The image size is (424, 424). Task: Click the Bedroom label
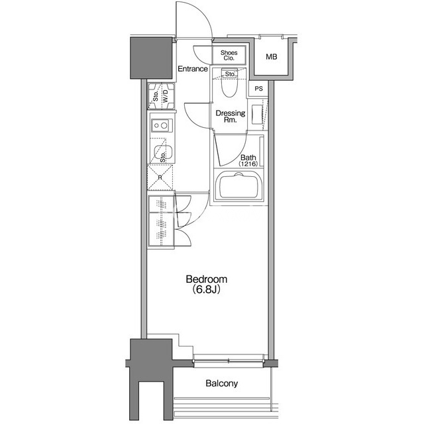(x=207, y=280)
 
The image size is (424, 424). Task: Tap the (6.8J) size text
(x=206, y=290)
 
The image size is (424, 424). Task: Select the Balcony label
(x=222, y=384)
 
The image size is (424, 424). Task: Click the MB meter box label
(x=272, y=57)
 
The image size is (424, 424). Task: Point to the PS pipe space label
(x=259, y=89)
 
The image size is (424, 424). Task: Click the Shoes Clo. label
(x=229, y=55)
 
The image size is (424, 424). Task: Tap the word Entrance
(x=193, y=69)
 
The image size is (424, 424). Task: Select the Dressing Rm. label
(x=231, y=117)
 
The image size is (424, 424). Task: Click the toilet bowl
(x=229, y=83)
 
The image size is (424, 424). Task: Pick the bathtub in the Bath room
(x=238, y=186)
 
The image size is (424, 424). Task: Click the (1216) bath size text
(x=248, y=164)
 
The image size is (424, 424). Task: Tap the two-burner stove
(x=162, y=125)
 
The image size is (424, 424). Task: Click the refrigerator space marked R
(x=160, y=178)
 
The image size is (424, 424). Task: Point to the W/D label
(x=165, y=95)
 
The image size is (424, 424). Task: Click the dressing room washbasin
(x=258, y=115)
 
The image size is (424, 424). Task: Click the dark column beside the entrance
(x=151, y=58)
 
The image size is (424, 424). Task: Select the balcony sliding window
(x=229, y=360)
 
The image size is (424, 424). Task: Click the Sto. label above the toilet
(x=230, y=74)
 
